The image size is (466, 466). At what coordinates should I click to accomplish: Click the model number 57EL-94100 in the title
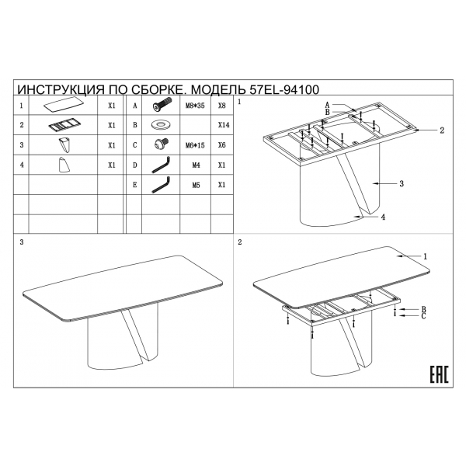[x=284, y=89]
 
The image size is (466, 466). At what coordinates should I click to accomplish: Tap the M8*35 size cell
[x=195, y=106]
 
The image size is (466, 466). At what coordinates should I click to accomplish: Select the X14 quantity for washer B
[x=224, y=125]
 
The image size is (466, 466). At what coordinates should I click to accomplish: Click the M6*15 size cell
[x=195, y=145]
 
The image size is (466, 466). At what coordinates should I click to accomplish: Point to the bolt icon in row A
[x=162, y=105]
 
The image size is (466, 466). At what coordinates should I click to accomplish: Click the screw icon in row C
[x=162, y=144]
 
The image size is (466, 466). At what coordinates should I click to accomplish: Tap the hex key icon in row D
[x=161, y=165]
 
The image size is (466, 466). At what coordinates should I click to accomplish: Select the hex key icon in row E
[x=161, y=185]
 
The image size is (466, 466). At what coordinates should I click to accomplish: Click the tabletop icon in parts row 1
[x=64, y=105]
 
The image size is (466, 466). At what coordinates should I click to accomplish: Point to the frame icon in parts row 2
[x=63, y=125]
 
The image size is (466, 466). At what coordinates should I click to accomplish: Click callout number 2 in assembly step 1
[x=442, y=130]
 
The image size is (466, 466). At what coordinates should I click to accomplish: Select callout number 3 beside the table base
[x=402, y=183]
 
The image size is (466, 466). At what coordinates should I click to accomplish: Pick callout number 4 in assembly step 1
[x=383, y=217]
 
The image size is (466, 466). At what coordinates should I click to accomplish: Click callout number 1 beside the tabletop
[x=425, y=256]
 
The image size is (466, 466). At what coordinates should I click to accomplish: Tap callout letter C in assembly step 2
[x=423, y=316]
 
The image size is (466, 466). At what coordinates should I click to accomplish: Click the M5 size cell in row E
[x=196, y=186]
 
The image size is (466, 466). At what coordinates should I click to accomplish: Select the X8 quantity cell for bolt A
[x=221, y=106]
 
